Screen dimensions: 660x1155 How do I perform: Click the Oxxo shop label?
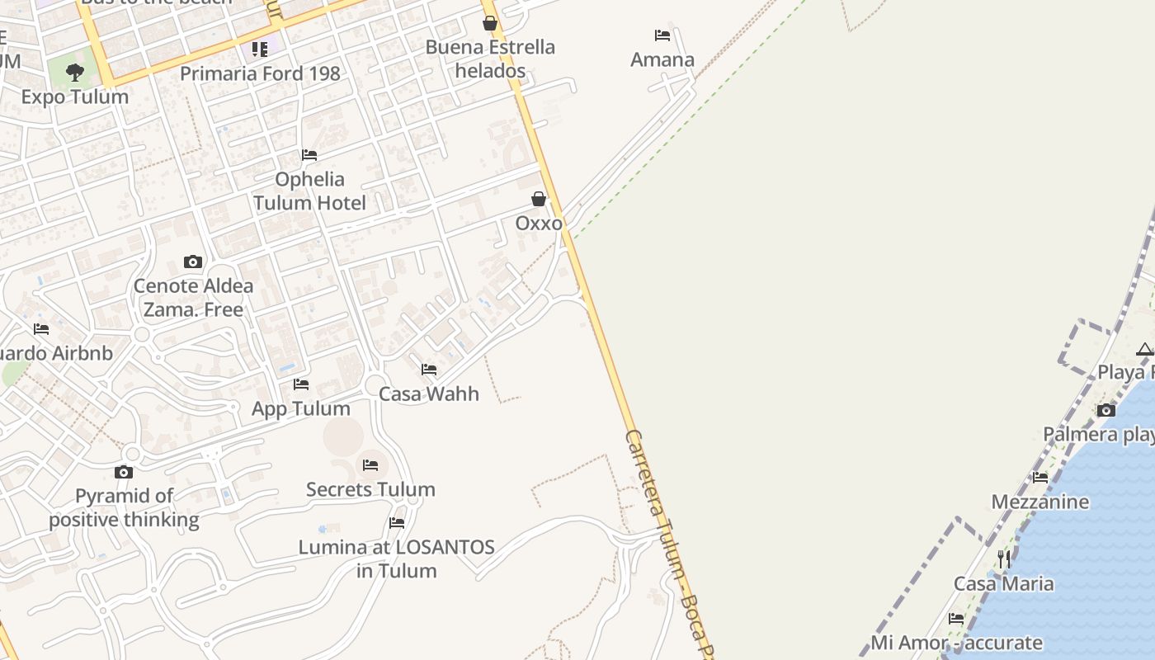click(539, 224)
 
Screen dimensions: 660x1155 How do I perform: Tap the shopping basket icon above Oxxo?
click(539, 199)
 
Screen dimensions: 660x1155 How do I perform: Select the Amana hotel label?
click(662, 59)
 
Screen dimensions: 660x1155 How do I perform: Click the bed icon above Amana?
click(662, 35)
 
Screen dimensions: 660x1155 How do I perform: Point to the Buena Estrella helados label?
click(490, 59)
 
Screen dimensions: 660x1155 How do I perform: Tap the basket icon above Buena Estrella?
click(490, 23)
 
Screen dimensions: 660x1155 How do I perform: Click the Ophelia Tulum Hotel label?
click(309, 191)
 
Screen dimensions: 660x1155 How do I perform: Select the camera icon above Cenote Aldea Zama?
click(193, 262)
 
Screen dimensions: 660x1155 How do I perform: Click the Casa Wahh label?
click(429, 394)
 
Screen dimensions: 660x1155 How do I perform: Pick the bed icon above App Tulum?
click(301, 384)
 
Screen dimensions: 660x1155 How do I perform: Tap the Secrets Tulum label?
click(370, 489)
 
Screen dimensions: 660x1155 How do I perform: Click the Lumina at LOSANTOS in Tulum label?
click(397, 559)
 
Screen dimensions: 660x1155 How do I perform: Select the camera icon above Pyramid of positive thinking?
click(124, 472)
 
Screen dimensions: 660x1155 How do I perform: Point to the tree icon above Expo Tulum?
click(75, 72)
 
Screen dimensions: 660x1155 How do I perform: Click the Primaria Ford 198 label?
click(260, 73)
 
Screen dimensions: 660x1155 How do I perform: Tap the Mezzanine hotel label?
click(1040, 502)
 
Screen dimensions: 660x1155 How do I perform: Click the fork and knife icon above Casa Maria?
click(1004, 559)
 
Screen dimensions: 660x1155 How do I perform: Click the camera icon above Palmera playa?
click(1106, 410)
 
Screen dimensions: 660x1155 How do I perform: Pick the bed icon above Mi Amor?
click(956, 618)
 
